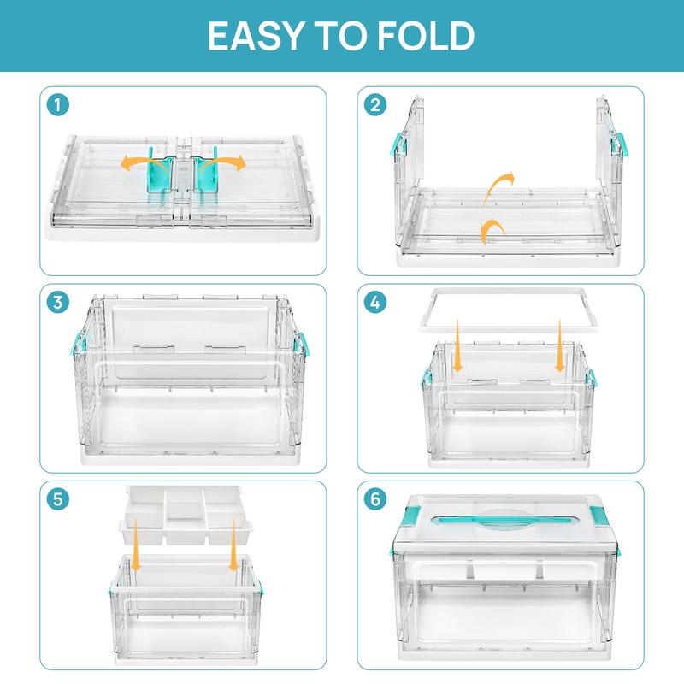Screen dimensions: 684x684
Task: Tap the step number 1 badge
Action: tap(58, 106)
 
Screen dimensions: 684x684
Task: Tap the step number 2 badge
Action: tap(374, 106)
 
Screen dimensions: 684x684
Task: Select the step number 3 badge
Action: tap(58, 303)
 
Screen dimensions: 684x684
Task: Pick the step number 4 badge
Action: tap(374, 303)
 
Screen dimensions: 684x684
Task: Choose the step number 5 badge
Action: tap(58, 499)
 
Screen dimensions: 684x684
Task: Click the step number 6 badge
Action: tap(374, 499)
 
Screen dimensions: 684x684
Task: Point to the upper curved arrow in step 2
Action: tap(501, 182)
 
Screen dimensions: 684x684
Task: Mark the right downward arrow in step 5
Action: tap(233, 561)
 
